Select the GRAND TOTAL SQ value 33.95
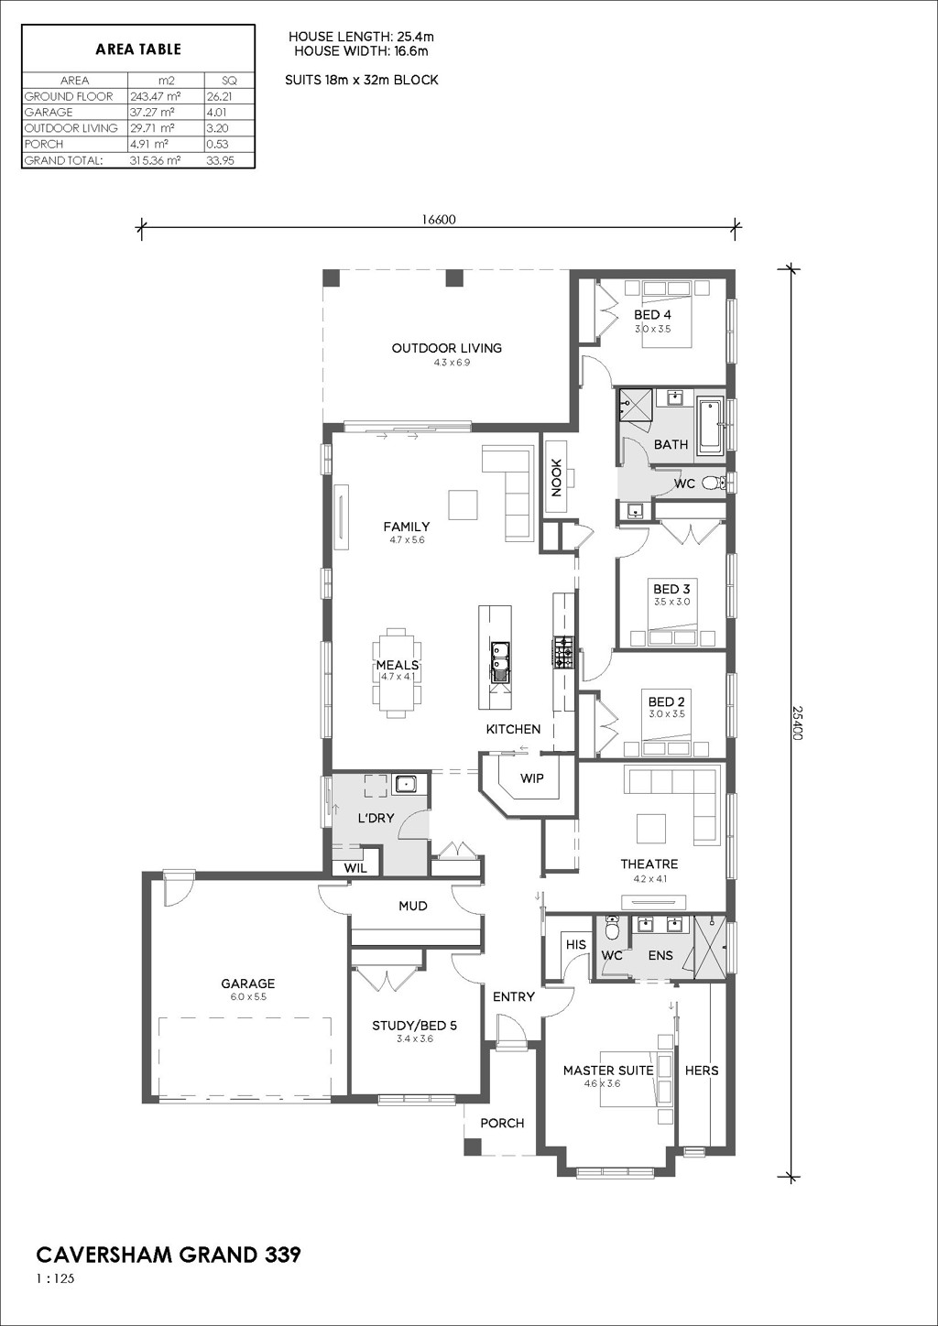[220, 160]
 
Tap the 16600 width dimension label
[439, 219]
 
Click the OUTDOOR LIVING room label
[446, 348]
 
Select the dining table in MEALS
[397, 672]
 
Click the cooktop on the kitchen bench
[563, 652]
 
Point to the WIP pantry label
[532, 777]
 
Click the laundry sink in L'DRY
[406, 785]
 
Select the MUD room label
[413, 906]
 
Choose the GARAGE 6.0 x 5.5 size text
[247, 997]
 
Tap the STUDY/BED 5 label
[415, 1026]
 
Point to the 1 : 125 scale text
[55, 1273]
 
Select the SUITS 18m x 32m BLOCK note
[361, 80]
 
